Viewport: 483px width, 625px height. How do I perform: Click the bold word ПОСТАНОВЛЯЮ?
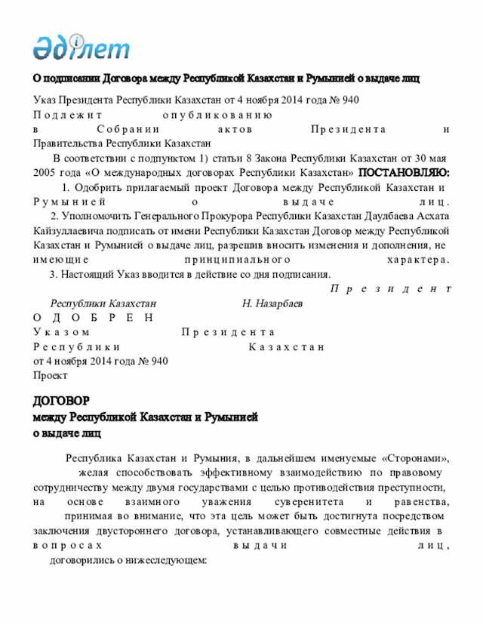click(x=404, y=173)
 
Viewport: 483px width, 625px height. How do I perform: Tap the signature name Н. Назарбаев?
click(x=272, y=303)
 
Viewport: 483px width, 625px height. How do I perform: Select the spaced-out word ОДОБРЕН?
click(x=94, y=318)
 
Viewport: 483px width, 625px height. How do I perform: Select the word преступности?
click(x=413, y=488)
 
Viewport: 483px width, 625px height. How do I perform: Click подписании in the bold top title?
click(x=67, y=79)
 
